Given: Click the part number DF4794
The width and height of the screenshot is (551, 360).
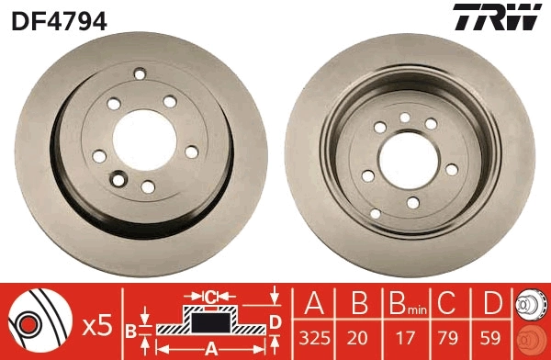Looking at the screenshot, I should pos(59,18).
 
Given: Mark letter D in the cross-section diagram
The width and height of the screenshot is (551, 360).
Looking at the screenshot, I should pos(275,321).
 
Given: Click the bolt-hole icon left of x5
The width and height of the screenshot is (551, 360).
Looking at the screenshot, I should pos(37,322).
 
